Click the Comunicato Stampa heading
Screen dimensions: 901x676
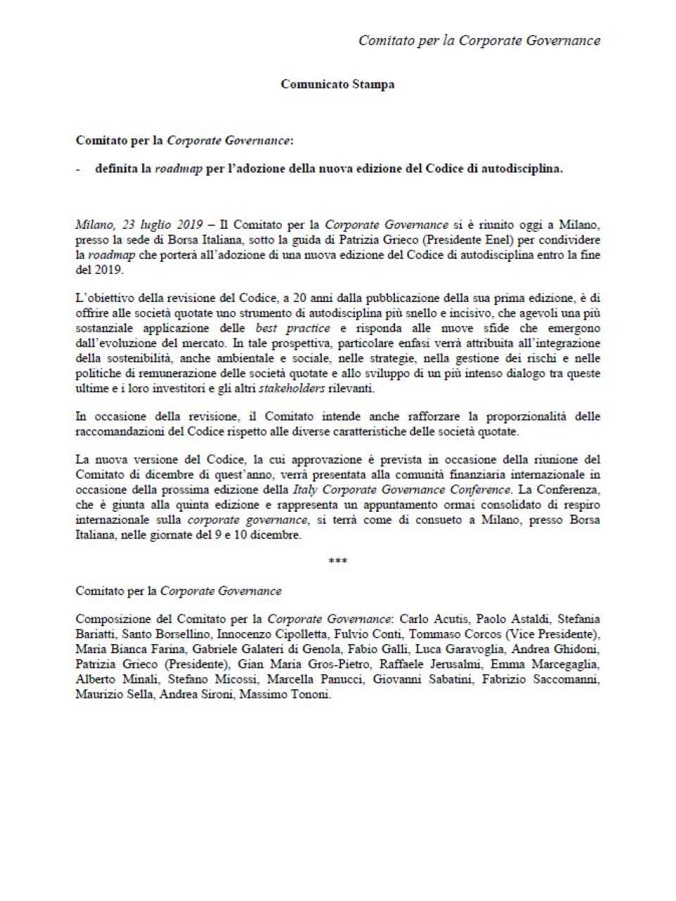point(337,84)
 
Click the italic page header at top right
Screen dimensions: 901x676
point(479,40)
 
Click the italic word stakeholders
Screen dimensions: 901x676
point(292,389)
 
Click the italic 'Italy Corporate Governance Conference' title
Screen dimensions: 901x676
point(402,489)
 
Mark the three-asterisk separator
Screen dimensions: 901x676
point(337,562)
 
